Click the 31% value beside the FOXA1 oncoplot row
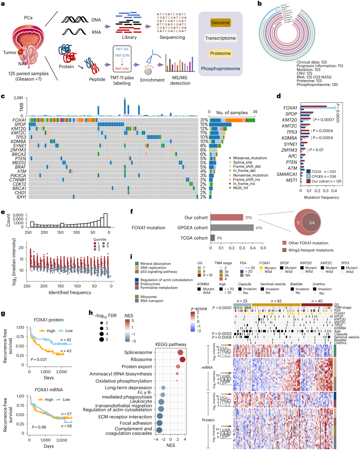pyautogui.click(x=203, y=119)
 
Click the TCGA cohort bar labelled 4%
pyautogui.click(x=213, y=238)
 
